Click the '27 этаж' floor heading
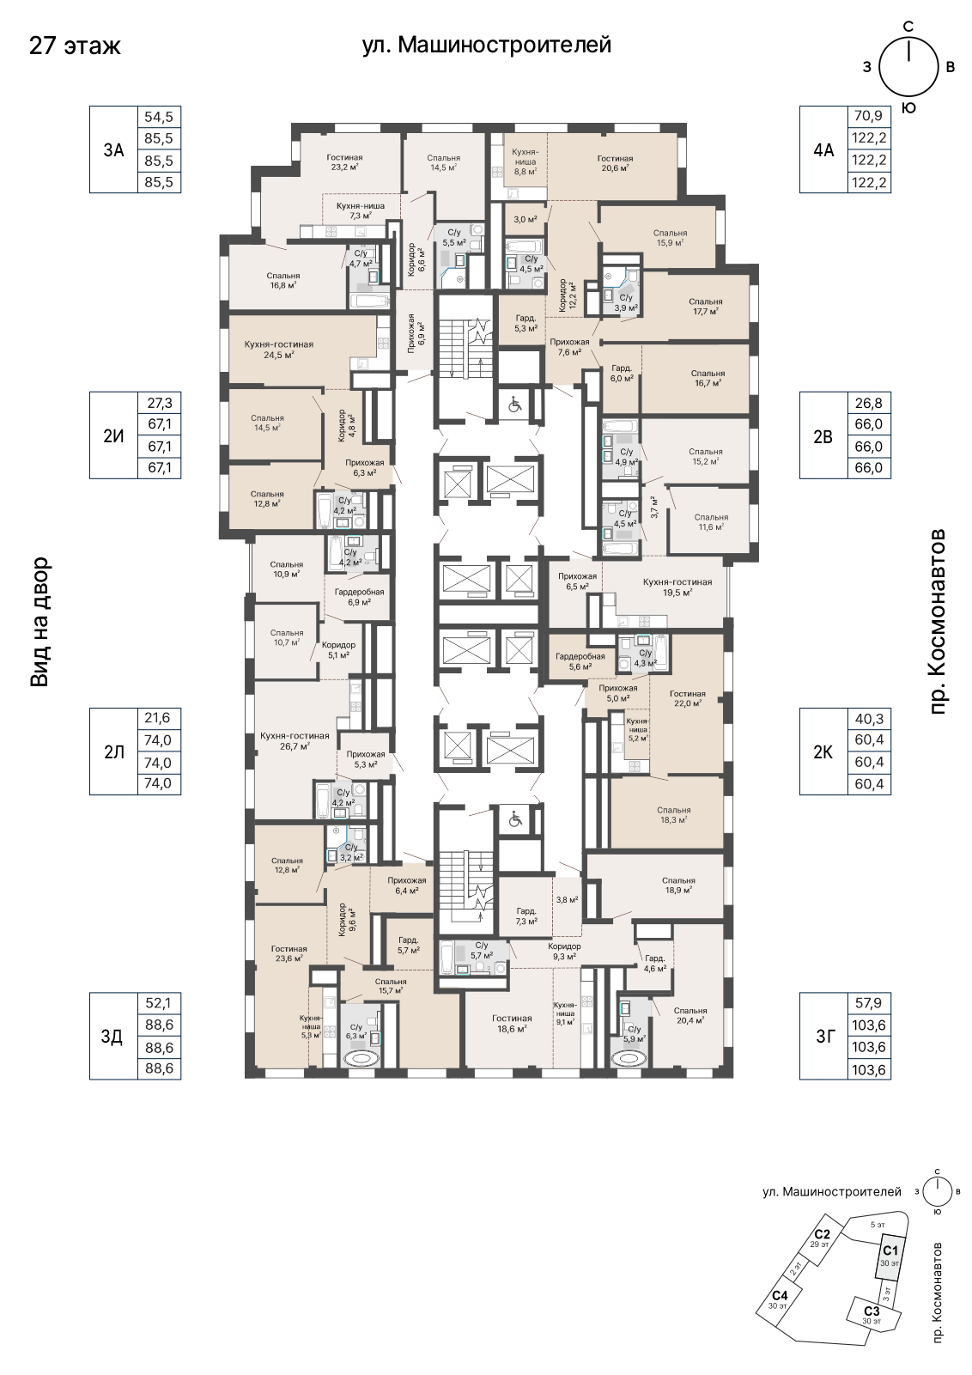[x=75, y=46]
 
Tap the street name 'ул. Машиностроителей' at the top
[x=487, y=45]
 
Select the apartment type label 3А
[x=113, y=149]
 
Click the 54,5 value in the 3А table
[x=159, y=117]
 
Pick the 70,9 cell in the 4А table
[x=869, y=116]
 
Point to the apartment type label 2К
[x=823, y=751]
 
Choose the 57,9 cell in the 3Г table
[x=869, y=1004]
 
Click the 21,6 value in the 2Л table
[x=158, y=718]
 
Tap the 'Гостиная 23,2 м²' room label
[x=344, y=161]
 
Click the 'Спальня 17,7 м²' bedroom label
[x=705, y=306]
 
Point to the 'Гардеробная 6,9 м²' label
[x=359, y=597]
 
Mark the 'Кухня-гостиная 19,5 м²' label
[x=677, y=587]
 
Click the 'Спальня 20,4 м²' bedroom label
[x=690, y=1014]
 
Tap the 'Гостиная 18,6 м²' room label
[x=512, y=1023]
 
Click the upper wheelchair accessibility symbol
[x=514, y=405]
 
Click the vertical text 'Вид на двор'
[x=39, y=622]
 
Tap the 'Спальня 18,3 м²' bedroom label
[x=673, y=814]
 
